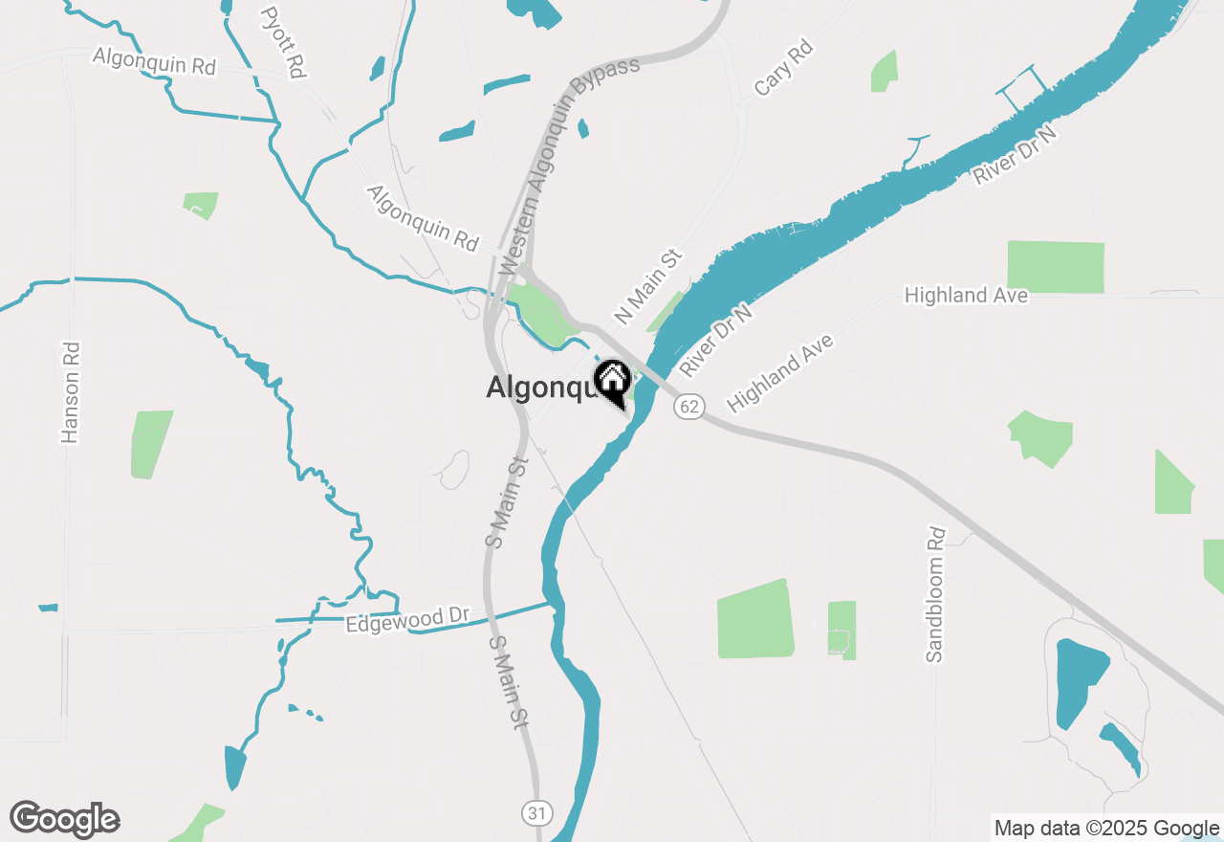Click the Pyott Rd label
[x=284, y=43]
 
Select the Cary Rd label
[x=782, y=67]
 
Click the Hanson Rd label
[x=70, y=393]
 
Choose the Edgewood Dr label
[x=408, y=620]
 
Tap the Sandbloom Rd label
[x=935, y=594]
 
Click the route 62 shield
[x=688, y=406]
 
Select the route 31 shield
[x=537, y=813]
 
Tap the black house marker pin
[x=612, y=383]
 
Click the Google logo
[x=65, y=820]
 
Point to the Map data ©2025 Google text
[x=1105, y=829]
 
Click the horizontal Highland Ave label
[x=966, y=296]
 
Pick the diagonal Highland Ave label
[x=780, y=373]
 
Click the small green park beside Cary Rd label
[x=885, y=72]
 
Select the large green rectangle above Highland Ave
[x=1056, y=267]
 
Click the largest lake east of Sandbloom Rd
[x=1080, y=682]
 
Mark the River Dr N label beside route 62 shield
[x=716, y=341]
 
